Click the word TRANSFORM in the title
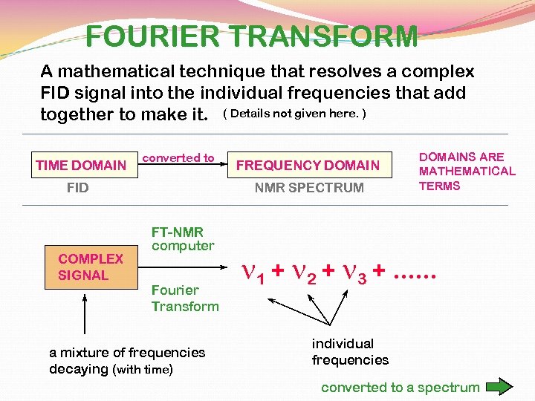pos(326,36)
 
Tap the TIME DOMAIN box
pos(81,165)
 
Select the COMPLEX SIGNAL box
pos(91,267)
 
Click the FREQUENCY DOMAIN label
pos(308,166)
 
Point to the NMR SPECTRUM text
pos(309,188)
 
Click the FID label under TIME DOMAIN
pos(77,188)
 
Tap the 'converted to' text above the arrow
pos(178,157)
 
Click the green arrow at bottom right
pos(499,387)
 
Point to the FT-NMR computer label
pos(183,238)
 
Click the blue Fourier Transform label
pos(185,298)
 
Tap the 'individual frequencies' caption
pos(350,352)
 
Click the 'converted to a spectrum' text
pos(400,387)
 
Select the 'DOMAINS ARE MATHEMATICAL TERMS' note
pos(467,172)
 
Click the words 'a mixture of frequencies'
pos(126,353)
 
